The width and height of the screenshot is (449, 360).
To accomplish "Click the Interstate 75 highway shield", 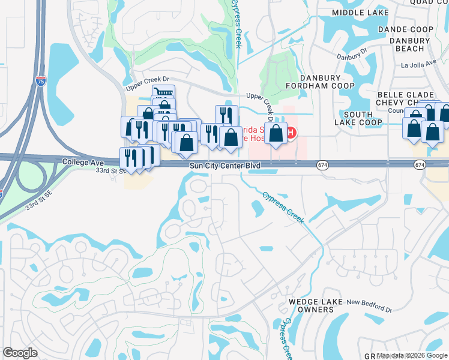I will pyautogui.click(x=40, y=82).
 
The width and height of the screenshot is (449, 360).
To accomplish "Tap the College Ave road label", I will pyautogui.click(x=83, y=163).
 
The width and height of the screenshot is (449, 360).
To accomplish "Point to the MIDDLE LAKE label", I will pyautogui.click(x=361, y=13).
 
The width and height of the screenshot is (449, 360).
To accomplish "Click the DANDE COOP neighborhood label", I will pyautogui.click(x=406, y=29).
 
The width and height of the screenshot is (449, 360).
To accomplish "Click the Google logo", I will pyautogui.click(x=20, y=353).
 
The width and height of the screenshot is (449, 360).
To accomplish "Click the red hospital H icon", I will pyautogui.click(x=291, y=133).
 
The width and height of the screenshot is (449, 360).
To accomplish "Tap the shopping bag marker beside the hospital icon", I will pyautogui.click(x=276, y=134).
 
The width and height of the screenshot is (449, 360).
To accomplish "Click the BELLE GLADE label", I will pyautogui.click(x=406, y=95).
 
